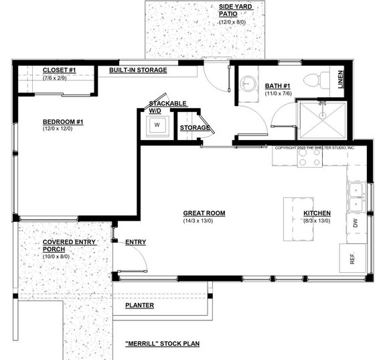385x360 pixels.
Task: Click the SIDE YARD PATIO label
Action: click(232, 10)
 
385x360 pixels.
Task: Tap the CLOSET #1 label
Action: click(59, 70)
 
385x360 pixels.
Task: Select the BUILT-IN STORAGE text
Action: click(138, 70)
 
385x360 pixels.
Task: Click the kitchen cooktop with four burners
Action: click(309, 158)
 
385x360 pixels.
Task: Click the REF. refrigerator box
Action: click(352, 257)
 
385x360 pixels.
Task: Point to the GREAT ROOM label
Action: click(204, 213)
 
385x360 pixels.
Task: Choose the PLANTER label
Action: click(139, 306)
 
